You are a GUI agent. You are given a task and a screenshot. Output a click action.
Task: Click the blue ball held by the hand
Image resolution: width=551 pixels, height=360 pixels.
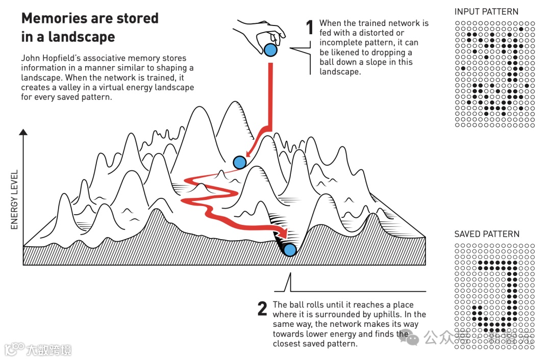pyautogui.click(x=270, y=50)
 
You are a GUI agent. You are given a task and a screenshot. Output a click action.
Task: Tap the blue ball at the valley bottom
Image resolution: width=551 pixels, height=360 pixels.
pyautogui.click(x=290, y=250)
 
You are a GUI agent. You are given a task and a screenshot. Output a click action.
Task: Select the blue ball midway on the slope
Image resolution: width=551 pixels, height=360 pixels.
pyautogui.click(x=240, y=162)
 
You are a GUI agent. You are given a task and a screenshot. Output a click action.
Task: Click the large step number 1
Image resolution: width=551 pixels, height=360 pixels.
pyautogui.click(x=309, y=28)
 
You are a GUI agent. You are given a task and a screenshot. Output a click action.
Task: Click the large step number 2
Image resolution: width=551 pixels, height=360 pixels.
pyautogui.click(x=262, y=308)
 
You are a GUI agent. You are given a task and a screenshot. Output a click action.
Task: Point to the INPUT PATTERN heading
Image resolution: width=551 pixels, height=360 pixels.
pyautogui.click(x=486, y=12)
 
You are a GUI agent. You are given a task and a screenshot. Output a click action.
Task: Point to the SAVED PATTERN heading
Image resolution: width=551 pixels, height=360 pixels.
pyautogui.click(x=487, y=234)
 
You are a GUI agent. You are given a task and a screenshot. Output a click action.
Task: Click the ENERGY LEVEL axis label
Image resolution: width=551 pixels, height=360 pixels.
pyautogui.click(x=14, y=199)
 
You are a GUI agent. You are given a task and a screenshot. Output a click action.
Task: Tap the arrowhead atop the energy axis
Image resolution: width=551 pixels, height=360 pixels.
pyautogui.click(x=23, y=133)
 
